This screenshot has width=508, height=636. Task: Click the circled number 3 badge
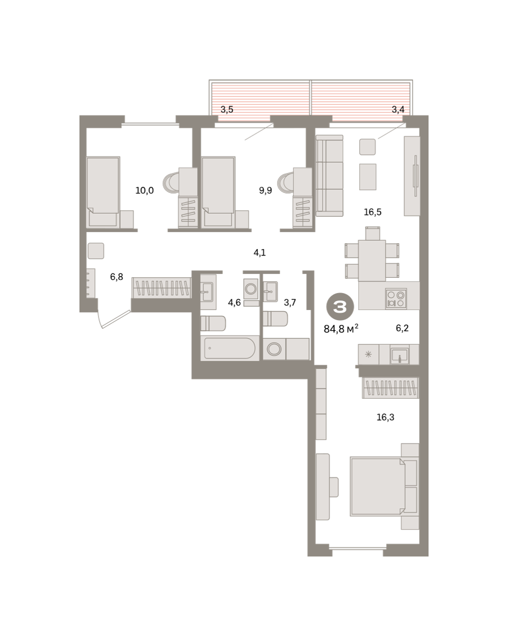[x=340, y=307]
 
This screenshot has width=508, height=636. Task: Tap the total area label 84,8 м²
[x=341, y=329]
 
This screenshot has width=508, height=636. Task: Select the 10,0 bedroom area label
[x=145, y=191]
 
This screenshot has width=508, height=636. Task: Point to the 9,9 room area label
[x=265, y=191]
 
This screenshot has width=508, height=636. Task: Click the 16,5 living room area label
[x=372, y=212]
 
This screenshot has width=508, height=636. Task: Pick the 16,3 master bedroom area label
[x=385, y=417]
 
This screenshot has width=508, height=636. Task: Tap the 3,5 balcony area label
[x=227, y=110]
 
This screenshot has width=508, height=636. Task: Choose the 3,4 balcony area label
[x=398, y=110]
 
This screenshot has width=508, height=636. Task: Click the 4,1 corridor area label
[x=260, y=252]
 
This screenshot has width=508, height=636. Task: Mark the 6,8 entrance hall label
[x=117, y=277]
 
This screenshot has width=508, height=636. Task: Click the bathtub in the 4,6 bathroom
[x=230, y=348]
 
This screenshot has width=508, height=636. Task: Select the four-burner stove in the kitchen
[x=396, y=299]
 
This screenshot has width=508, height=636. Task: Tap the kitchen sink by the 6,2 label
[x=399, y=356]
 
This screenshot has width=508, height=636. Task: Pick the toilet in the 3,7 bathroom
[x=275, y=319]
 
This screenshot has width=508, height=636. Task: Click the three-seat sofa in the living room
[x=329, y=176]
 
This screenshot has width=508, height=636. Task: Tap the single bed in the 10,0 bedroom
[x=103, y=192]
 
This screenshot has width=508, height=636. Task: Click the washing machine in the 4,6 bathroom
[x=251, y=289]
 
